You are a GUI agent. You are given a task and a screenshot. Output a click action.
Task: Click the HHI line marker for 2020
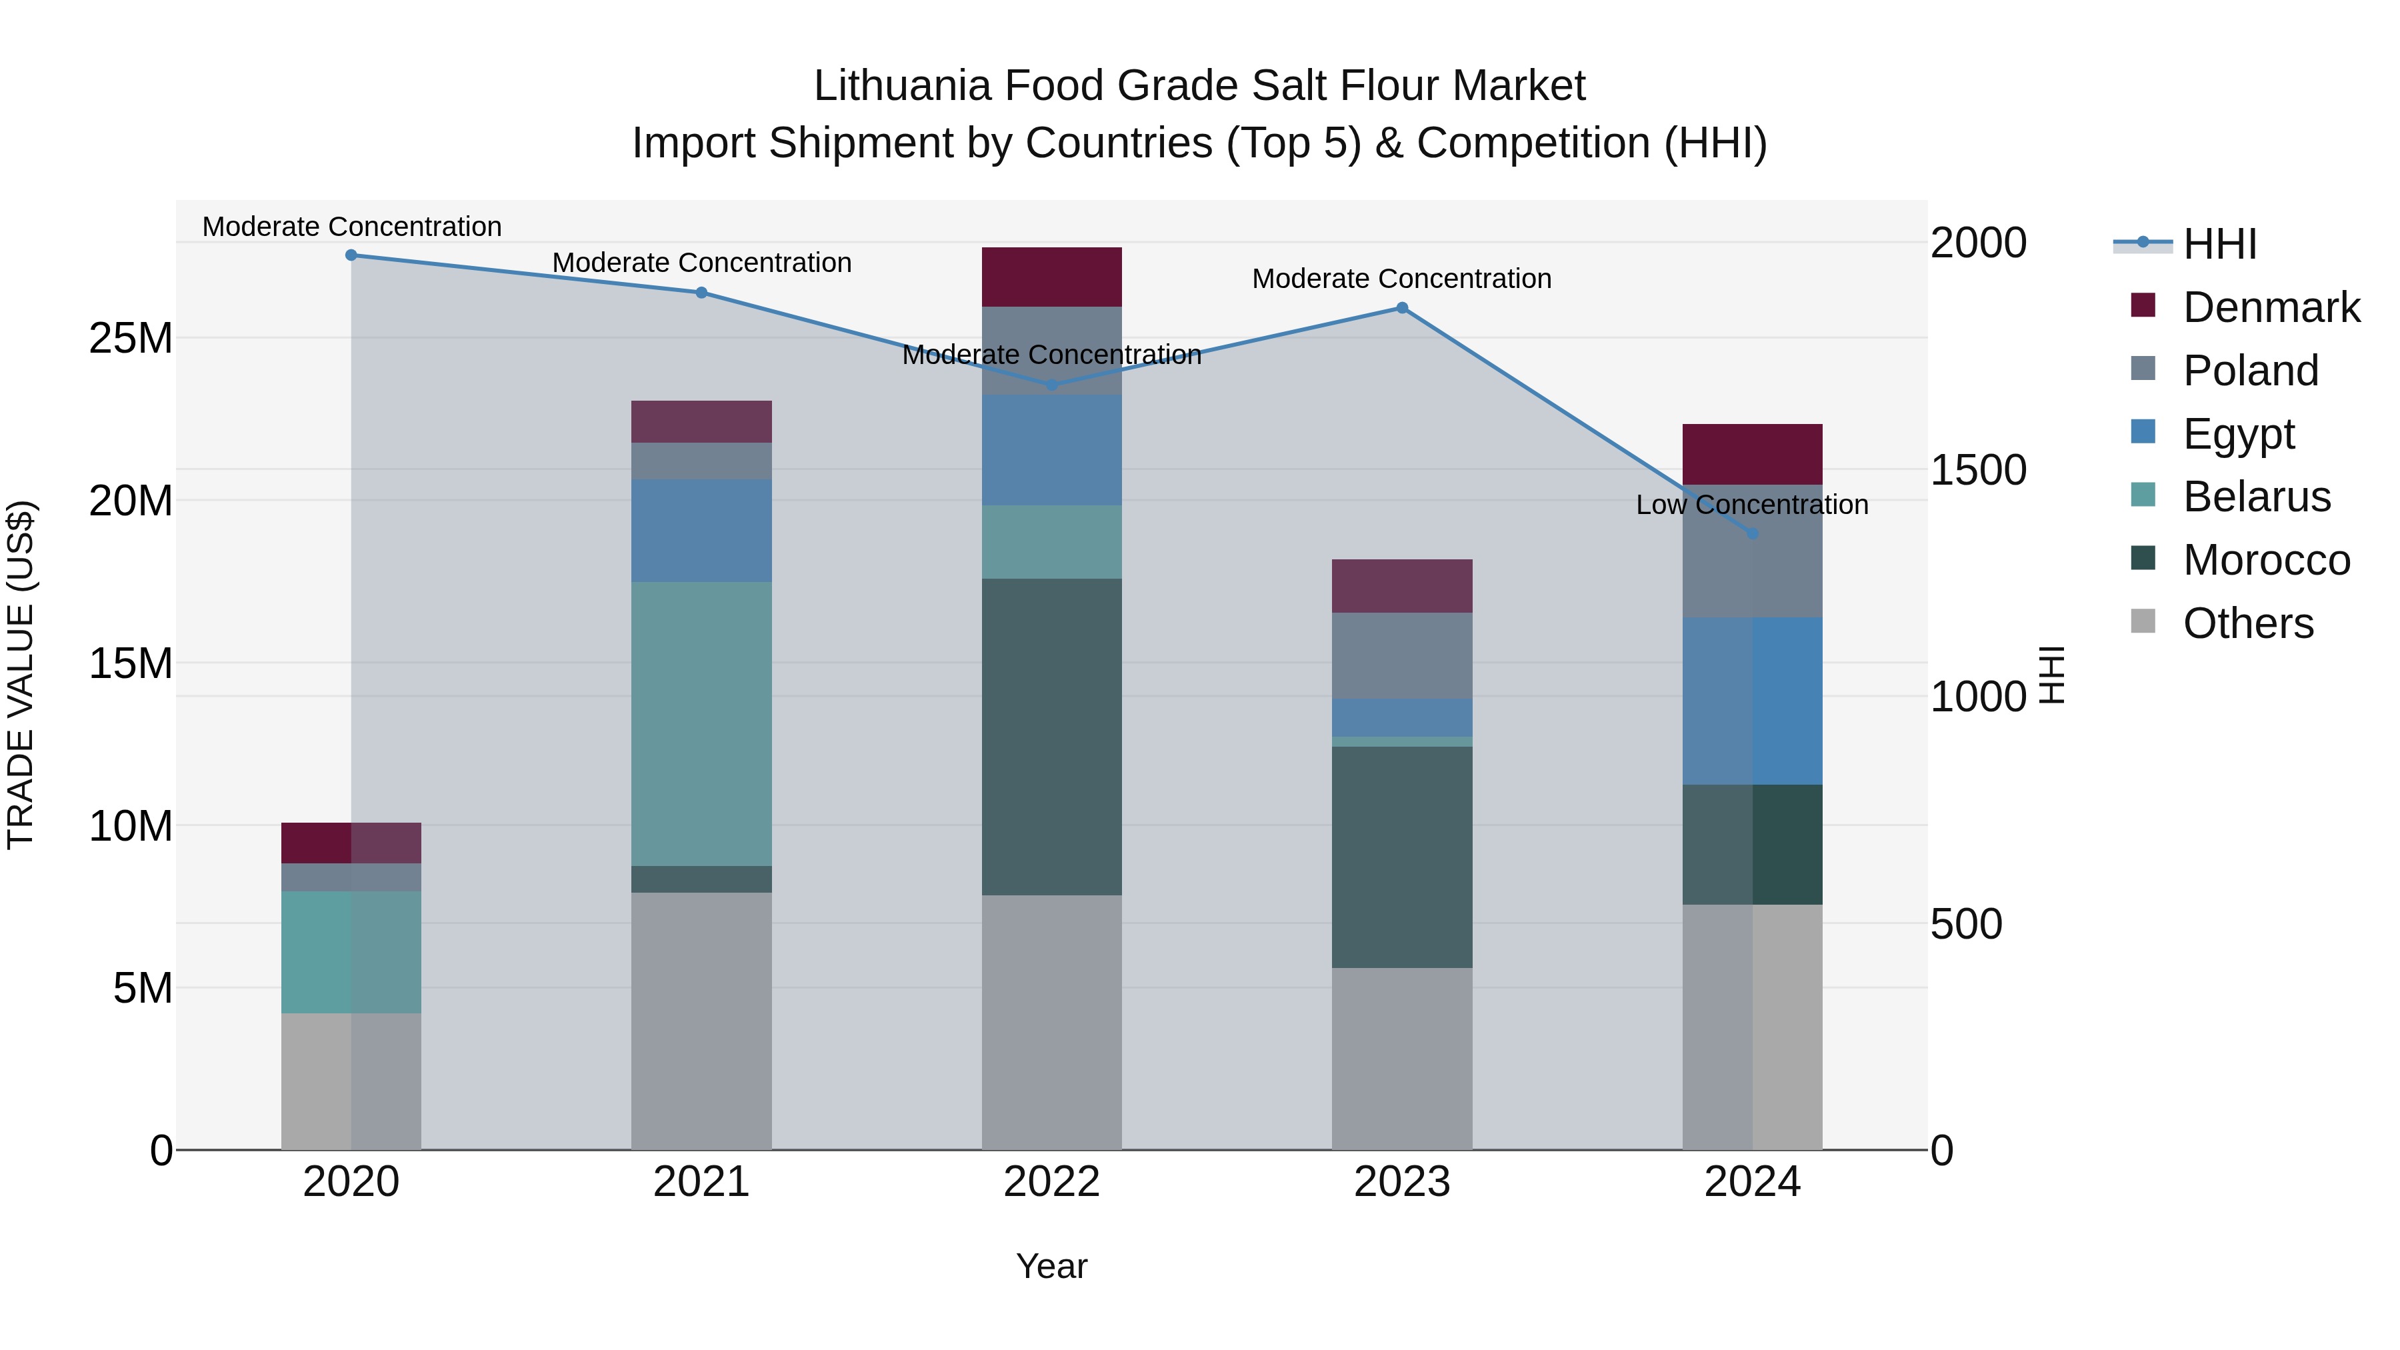point(351,255)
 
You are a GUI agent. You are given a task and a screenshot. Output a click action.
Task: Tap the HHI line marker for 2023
point(1402,309)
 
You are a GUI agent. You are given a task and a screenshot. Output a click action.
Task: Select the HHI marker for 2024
point(1753,534)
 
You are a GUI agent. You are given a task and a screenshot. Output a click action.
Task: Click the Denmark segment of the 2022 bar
point(1052,277)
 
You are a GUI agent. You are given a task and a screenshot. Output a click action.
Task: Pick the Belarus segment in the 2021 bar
point(701,724)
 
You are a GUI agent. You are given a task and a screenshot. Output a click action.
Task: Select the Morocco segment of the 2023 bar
point(1402,857)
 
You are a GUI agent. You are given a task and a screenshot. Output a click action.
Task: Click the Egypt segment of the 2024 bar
point(1753,701)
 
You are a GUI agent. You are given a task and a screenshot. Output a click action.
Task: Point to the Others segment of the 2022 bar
point(1052,1022)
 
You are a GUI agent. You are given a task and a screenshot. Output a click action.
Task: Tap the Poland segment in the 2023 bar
point(1402,656)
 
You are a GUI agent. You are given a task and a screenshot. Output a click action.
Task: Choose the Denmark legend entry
point(2271,307)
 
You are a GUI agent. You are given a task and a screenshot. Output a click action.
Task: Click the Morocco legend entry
point(2266,560)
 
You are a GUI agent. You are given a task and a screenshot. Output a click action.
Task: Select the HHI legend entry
point(2219,244)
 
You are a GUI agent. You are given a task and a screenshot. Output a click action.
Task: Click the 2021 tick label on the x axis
point(701,1182)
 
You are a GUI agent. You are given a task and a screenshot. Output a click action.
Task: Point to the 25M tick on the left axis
point(131,338)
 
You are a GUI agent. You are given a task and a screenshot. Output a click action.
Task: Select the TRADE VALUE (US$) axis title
point(21,675)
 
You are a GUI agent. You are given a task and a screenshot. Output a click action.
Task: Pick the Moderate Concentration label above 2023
point(1401,279)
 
